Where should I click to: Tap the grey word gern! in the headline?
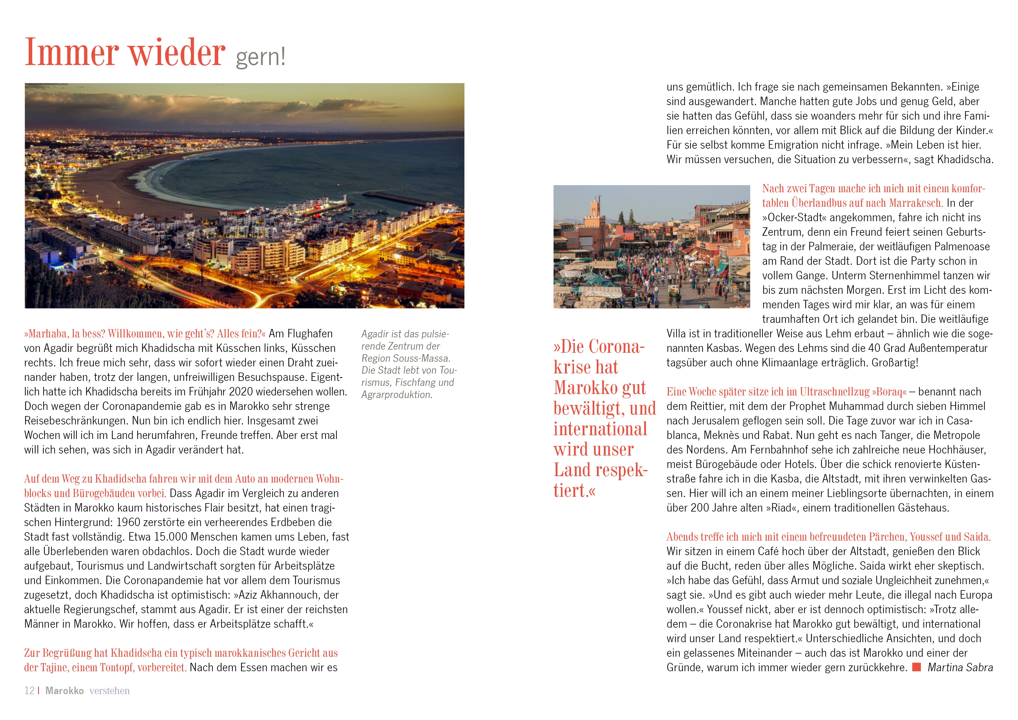(260, 57)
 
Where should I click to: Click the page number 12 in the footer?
(29, 691)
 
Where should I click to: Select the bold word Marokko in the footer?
(64, 691)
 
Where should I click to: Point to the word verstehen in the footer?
(109, 691)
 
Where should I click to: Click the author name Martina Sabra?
(960, 667)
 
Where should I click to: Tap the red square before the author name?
(916, 667)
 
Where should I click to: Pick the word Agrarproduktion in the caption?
(396, 394)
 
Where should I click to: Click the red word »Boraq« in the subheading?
(889, 392)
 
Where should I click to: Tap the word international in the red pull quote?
(600, 429)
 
